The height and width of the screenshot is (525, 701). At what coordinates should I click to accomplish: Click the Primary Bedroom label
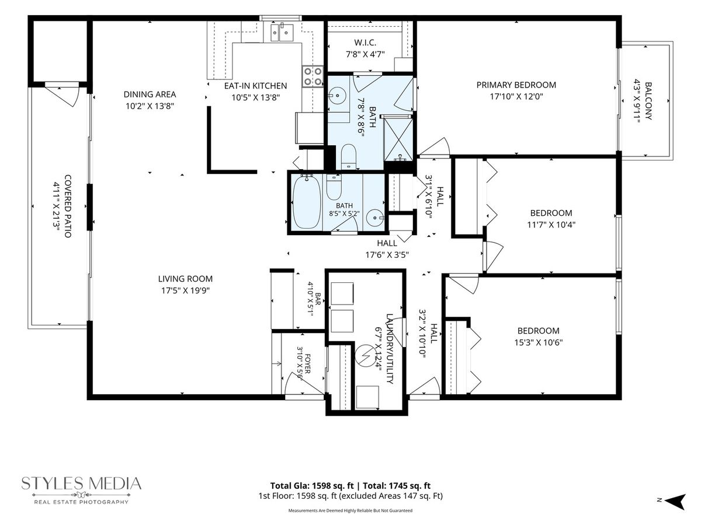[516, 85]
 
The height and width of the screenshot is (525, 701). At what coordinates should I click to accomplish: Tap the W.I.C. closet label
[365, 43]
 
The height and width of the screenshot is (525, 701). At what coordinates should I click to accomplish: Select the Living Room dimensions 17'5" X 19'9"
[185, 290]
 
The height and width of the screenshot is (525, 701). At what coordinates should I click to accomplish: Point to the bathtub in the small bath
[307, 202]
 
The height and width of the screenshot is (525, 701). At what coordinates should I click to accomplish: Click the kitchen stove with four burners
[313, 76]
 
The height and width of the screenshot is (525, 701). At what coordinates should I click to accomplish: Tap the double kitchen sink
[282, 32]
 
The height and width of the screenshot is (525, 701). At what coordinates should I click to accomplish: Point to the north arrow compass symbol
[676, 502]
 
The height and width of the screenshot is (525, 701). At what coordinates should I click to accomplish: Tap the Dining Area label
[150, 94]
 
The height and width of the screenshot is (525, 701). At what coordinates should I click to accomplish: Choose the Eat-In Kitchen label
[255, 86]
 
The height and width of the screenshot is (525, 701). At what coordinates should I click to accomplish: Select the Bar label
[318, 299]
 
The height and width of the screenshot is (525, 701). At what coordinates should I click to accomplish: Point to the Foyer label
[307, 363]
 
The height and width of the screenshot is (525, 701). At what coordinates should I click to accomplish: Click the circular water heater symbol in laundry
[367, 355]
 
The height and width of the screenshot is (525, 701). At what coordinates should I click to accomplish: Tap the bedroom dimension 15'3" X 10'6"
[539, 342]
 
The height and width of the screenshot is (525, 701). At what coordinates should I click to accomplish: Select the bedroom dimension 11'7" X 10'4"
[551, 225]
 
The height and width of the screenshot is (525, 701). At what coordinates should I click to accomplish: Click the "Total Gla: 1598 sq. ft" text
[312, 485]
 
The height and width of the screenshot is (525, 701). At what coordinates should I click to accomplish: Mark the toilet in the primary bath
[348, 156]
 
